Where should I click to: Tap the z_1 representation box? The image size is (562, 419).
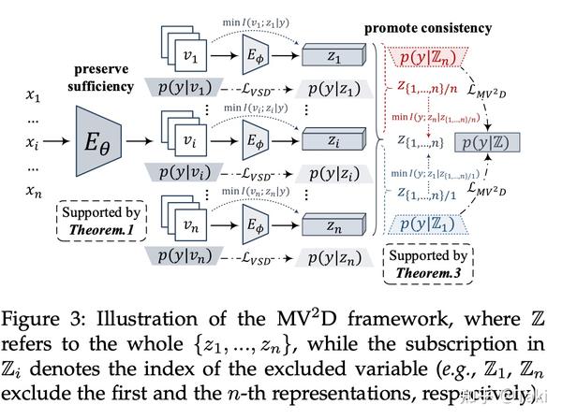click(334, 58)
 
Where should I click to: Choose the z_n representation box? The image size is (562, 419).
click(334, 226)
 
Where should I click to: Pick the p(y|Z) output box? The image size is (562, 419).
click(486, 144)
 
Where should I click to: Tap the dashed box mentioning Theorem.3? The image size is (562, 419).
click(429, 263)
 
